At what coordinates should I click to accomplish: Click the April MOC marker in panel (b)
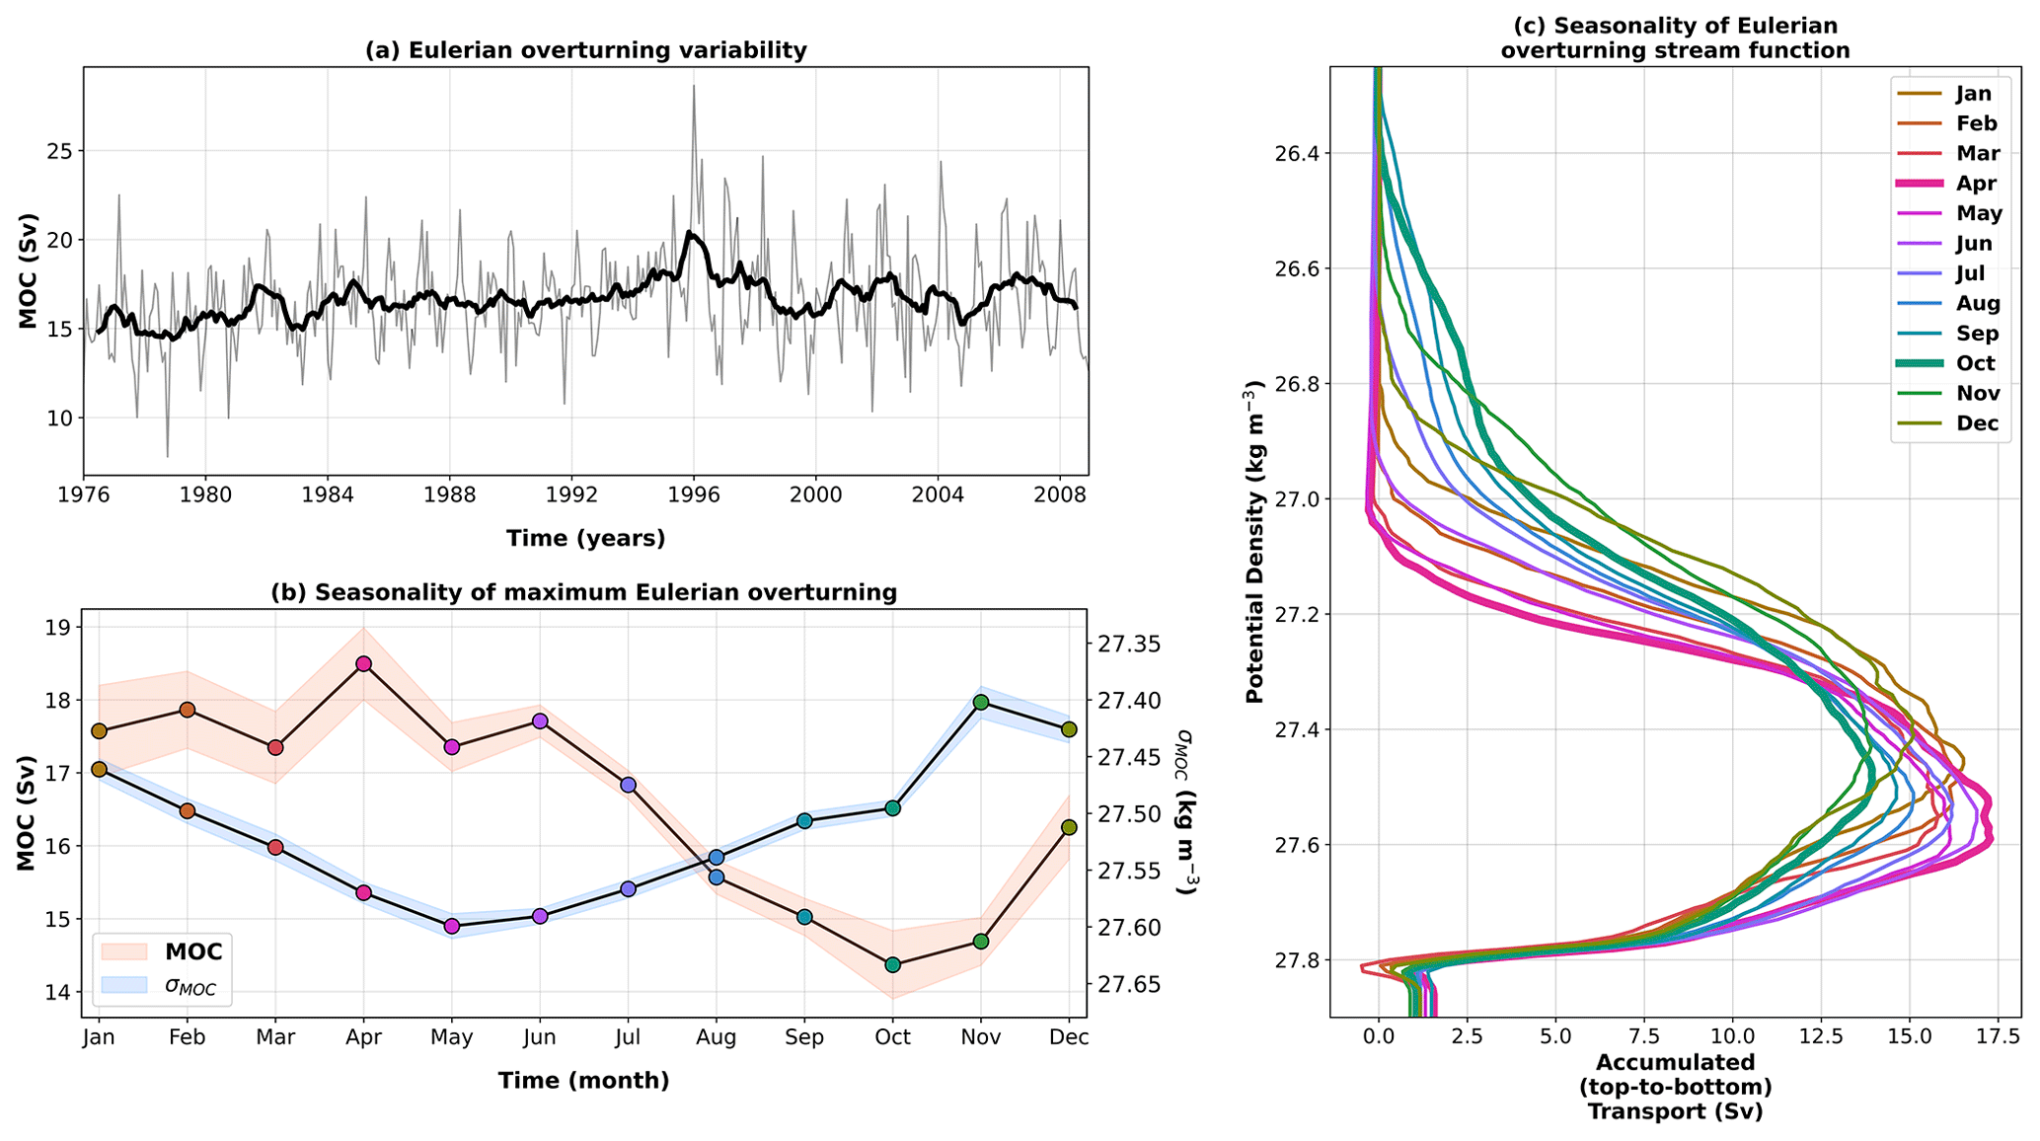click(x=364, y=663)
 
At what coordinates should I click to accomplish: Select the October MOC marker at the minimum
click(x=893, y=964)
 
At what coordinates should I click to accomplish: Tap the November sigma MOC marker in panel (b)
click(x=981, y=702)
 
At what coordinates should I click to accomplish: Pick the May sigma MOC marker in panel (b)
click(x=452, y=926)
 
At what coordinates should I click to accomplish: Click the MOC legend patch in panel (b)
click(x=124, y=951)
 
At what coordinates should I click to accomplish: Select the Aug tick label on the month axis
click(x=717, y=1037)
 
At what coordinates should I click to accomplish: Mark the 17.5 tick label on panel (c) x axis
click(x=1998, y=1036)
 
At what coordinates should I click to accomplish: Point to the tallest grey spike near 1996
click(x=694, y=87)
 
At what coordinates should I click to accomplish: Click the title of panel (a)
click(x=586, y=50)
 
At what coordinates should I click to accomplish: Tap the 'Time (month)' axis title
click(x=583, y=1080)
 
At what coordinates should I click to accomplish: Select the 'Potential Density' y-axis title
click(x=1254, y=542)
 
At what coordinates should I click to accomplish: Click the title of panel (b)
click(x=584, y=592)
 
